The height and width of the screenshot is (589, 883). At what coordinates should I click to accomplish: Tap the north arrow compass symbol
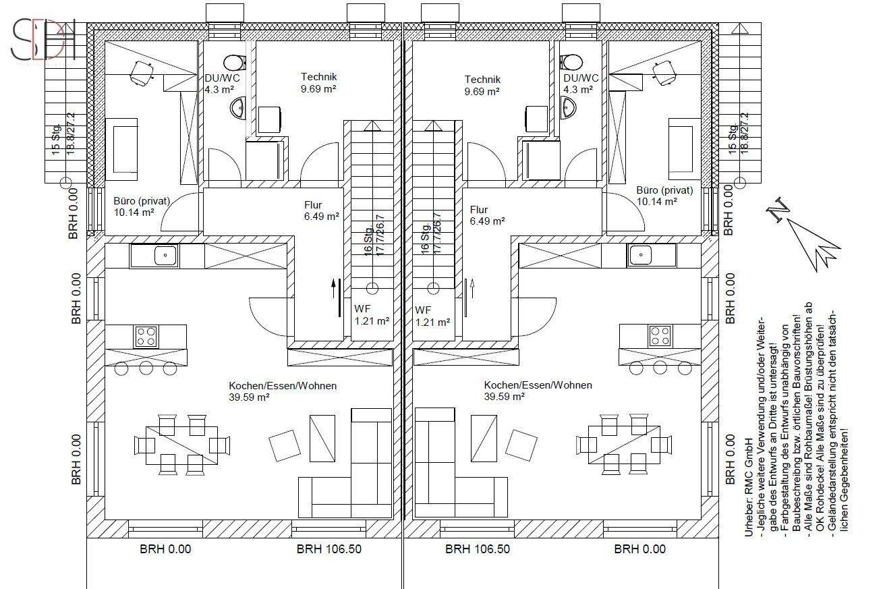pos(803,235)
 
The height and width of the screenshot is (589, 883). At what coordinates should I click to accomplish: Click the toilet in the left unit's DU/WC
pos(235,62)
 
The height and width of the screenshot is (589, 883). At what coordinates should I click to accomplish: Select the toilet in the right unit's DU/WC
pos(572,62)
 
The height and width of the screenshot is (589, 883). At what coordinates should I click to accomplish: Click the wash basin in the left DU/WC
pos(237,107)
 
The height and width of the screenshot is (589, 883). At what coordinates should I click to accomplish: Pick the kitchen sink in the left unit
pos(154,256)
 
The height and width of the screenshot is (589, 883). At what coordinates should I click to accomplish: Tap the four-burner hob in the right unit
pos(660,336)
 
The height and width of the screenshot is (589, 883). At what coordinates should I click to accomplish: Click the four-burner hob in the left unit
pos(146,337)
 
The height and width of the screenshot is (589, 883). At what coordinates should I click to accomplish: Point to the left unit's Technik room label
pos(318,83)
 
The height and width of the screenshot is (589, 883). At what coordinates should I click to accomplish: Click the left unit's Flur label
pos(321,211)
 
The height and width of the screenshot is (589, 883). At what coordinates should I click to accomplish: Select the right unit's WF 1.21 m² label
pos(432,316)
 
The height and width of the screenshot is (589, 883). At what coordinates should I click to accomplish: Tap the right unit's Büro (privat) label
pos(664,196)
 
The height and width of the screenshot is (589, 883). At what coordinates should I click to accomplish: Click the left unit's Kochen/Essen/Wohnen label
pos(283,391)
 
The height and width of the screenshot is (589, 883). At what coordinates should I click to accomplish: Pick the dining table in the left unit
pos(181,445)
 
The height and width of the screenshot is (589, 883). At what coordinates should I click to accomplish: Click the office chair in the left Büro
pos(141,74)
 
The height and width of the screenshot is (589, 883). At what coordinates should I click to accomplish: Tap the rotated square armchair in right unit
pos(521,445)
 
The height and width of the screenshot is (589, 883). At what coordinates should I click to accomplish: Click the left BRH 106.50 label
pos(329,549)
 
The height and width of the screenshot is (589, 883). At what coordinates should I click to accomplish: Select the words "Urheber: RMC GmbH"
pos(749,487)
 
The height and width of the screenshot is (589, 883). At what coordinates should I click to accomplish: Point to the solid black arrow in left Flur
pos(333,289)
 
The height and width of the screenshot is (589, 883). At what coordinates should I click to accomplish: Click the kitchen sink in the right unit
pos(651,255)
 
